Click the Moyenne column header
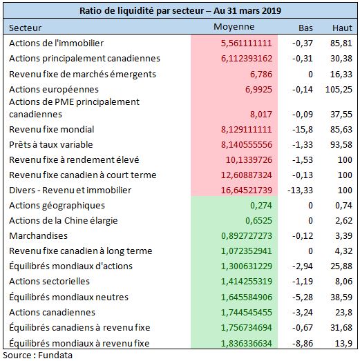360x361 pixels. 234,27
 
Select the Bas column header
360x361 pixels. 305,28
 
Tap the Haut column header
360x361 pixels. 342,28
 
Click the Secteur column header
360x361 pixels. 26,28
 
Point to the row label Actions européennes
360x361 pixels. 54,90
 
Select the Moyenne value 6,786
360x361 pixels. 261,75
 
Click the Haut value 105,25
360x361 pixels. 339,90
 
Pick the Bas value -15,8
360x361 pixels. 303,129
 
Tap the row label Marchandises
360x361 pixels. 38,236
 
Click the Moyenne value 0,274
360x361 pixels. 261,206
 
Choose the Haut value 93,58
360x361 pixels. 341,144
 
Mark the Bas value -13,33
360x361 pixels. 301,191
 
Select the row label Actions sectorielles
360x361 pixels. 49,282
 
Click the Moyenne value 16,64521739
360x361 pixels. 247,191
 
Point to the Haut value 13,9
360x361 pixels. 344,344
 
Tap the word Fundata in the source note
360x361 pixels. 55,355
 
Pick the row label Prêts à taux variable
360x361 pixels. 51,144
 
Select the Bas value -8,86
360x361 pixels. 303,344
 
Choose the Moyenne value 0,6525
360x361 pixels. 259,221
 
